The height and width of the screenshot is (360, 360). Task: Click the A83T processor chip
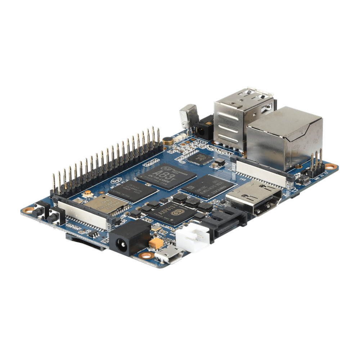pyautogui.click(x=167, y=176)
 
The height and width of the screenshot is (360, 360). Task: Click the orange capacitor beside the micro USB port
pyautogui.click(x=156, y=243)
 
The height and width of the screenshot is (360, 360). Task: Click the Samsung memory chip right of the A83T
pyautogui.click(x=208, y=186)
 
